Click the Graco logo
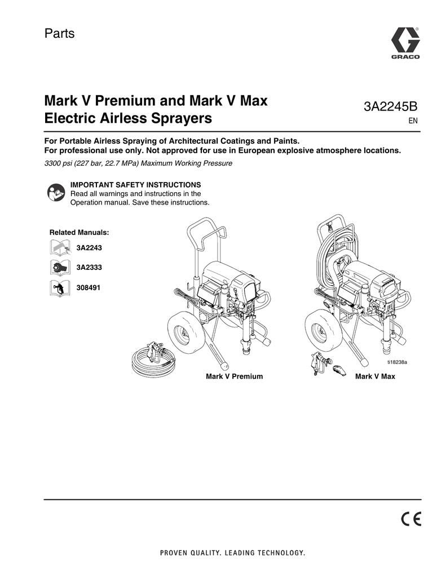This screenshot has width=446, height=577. point(405,43)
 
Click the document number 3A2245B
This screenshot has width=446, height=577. point(390,106)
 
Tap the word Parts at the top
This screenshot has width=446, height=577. point(59,33)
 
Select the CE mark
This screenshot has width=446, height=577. point(410,519)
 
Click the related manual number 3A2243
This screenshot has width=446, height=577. point(89,248)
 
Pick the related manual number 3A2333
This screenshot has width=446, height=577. point(89,268)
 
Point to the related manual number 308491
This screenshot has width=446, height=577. point(88,287)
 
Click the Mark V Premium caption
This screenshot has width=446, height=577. point(234,376)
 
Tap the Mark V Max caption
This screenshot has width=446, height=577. point(375,376)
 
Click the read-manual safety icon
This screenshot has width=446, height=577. point(56,192)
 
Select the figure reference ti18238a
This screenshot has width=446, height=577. point(397,362)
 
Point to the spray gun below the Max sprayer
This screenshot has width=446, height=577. point(320,362)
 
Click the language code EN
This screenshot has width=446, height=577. point(413,121)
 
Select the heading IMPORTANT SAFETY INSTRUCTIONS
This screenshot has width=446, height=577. point(135,185)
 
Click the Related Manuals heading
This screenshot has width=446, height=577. point(79,233)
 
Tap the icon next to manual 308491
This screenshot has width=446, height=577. point(60,288)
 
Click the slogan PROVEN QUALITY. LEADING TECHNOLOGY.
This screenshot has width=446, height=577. point(232,553)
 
